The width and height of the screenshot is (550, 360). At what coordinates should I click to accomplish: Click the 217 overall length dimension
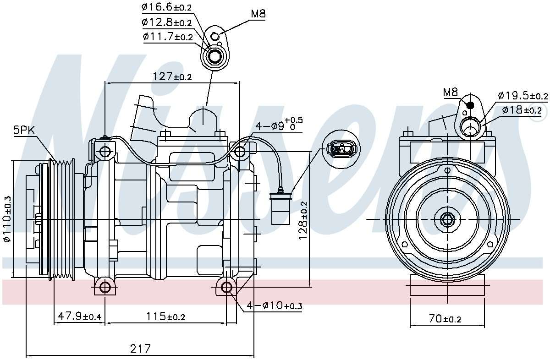click(140, 349)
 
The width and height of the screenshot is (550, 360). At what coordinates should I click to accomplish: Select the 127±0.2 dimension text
click(171, 76)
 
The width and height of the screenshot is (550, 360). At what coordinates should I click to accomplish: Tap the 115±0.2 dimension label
click(165, 316)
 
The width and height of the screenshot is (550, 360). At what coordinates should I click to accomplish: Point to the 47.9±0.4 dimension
click(79, 316)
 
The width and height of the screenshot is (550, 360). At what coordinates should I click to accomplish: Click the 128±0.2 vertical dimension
click(303, 220)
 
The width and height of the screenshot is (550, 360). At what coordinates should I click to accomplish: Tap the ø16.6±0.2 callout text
click(166, 7)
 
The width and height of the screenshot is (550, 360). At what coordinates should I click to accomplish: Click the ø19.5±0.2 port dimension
click(522, 96)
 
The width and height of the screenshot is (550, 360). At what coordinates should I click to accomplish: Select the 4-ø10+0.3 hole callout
click(275, 306)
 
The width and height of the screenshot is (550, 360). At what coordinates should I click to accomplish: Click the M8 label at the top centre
click(258, 14)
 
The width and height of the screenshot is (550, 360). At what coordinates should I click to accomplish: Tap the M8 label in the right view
click(451, 92)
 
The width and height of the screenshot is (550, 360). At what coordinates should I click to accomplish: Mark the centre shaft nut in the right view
click(447, 219)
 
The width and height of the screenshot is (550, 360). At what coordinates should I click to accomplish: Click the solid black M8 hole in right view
click(470, 105)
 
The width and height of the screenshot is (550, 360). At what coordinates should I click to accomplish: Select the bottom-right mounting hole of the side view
click(226, 287)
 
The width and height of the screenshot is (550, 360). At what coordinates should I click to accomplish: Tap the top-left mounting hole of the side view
click(105, 151)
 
